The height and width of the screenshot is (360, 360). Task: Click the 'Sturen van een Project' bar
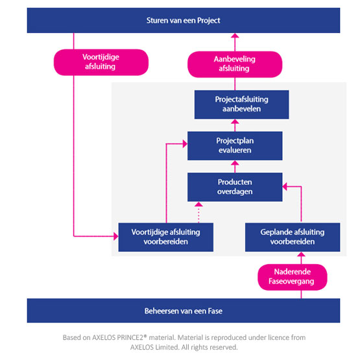coord(184,21)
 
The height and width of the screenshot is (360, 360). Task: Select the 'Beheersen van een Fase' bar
coord(184,311)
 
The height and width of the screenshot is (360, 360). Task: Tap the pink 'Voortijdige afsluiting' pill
coord(101,62)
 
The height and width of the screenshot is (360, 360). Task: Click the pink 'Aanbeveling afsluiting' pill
coord(235,64)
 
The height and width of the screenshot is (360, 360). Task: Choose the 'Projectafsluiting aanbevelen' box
coord(241,104)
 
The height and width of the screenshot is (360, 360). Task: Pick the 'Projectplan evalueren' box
coord(235,146)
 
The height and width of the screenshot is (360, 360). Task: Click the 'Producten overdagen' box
coord(235,187)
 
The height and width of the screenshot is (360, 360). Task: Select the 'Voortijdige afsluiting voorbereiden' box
coord(166,237)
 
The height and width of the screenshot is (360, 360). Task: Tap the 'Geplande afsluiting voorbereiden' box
coord(293,237)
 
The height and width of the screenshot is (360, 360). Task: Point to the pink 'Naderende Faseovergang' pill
coord(293,277)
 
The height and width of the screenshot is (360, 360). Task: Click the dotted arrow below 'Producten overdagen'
coord(198,212)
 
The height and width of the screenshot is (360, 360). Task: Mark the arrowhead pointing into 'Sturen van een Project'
coord(235,36)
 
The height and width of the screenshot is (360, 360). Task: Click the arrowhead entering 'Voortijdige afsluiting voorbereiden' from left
coord(116,236)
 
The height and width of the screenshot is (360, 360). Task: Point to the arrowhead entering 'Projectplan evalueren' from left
coord(185,144)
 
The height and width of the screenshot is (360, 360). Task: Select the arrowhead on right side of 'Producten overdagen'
coord(285,187)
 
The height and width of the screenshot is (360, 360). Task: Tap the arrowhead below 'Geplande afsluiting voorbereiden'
coord(301,254)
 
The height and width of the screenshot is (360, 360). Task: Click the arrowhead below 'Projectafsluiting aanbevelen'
coord(235,122)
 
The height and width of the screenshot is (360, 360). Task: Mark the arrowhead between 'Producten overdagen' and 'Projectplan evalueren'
coord(235,163)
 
